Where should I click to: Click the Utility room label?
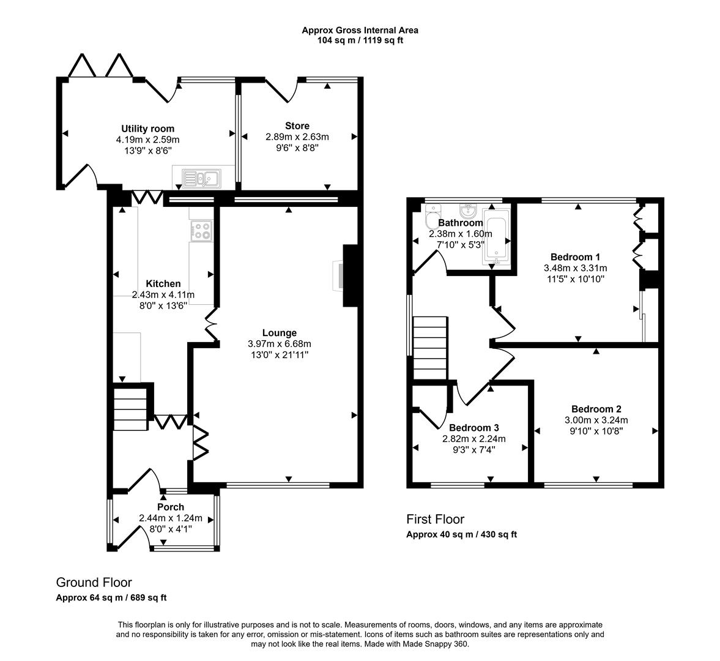(x=147, y=129)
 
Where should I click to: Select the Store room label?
(x=297, y=126)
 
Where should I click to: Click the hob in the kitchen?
(x=202, y=231)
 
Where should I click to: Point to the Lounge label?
(x=281, y=333)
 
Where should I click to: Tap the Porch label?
(x=170, y=507)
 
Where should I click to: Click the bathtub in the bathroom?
(x=496, y=237)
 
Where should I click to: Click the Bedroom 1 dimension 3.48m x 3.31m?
(x=575, y=268)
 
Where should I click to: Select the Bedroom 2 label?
(x=596, y=409)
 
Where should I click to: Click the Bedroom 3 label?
(x=473, y=428)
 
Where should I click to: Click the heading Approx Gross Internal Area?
(x=360, y=30)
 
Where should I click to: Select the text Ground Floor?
(x=94, y=582)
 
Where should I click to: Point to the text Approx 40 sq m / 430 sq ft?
(x=461, y=534)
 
